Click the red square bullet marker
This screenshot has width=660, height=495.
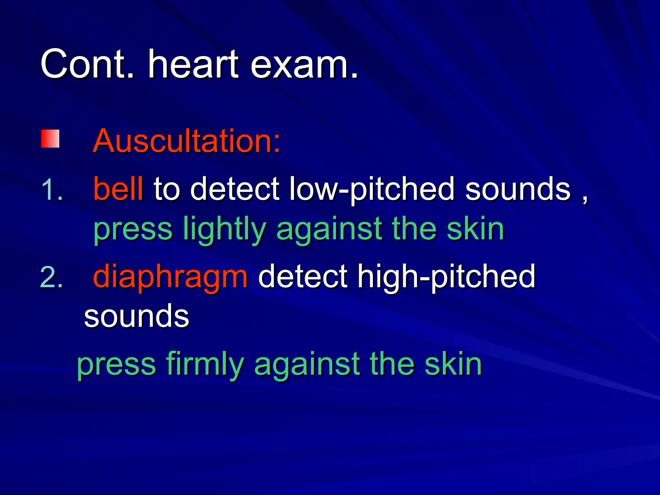tap(50, 139)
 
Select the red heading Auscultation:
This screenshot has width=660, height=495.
tap(187, 141)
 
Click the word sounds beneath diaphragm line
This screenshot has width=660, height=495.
tap(136, 317)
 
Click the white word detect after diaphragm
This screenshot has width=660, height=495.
tap(303, 277)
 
